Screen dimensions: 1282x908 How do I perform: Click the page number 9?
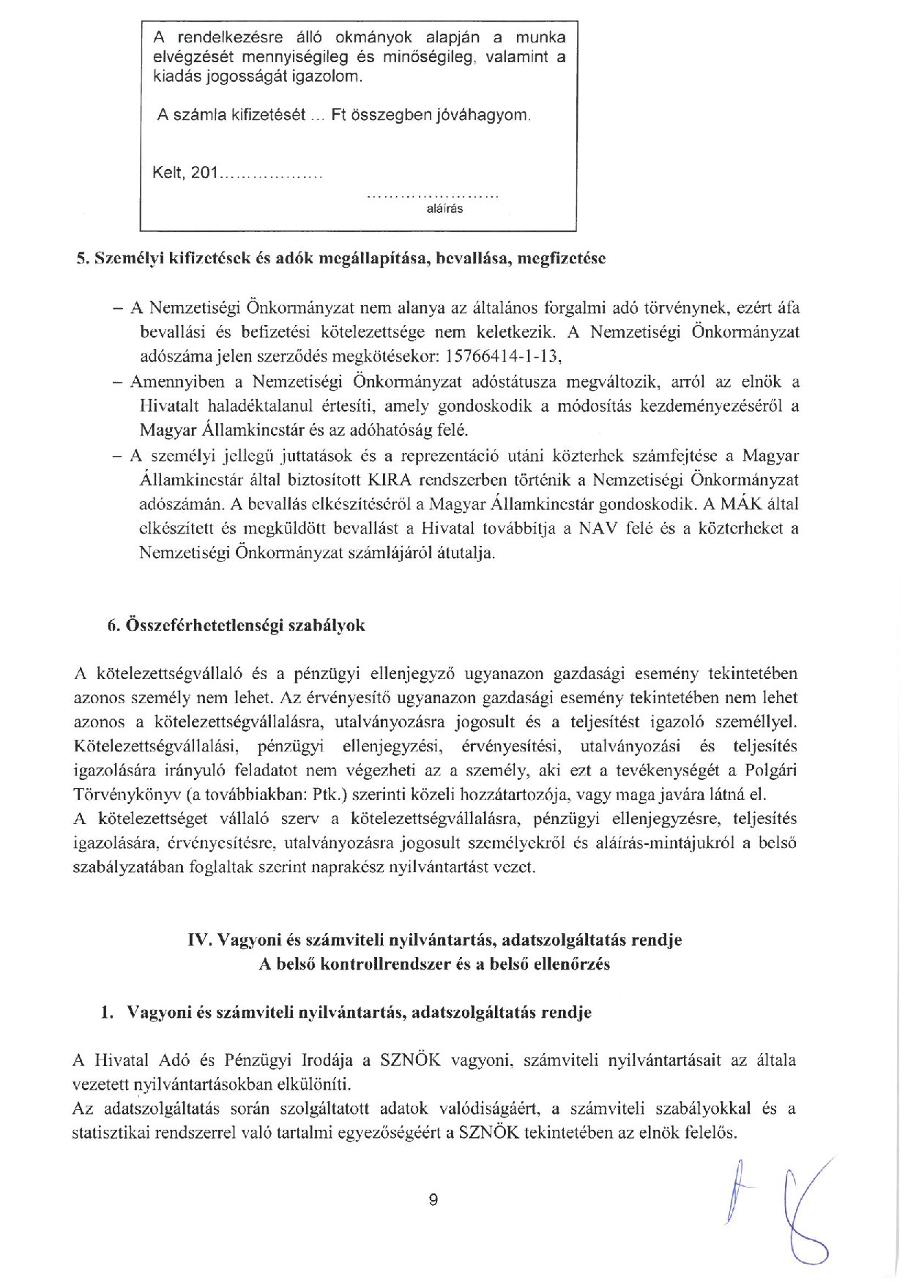point(433,1199)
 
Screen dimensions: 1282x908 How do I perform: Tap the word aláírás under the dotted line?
point(444,209)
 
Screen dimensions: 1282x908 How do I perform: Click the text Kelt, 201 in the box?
point(185,173)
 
